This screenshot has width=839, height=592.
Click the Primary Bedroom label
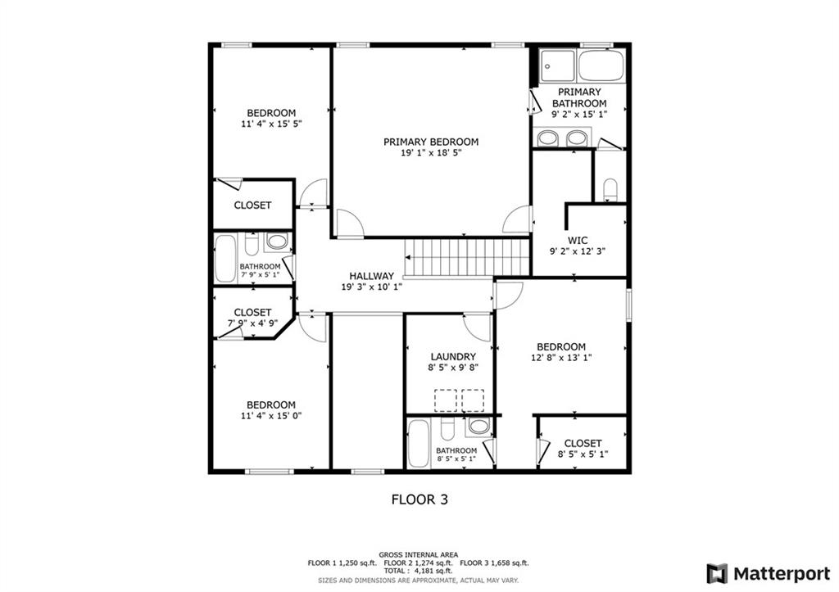[430, 142]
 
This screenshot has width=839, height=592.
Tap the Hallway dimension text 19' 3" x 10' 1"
[372, 287]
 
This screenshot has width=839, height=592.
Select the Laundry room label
[453, 357]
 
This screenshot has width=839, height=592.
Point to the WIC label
[578, 241]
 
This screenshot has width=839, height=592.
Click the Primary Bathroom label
[579, 97]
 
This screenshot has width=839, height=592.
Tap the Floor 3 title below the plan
[419, 499]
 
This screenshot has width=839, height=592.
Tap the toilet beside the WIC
[610, 190]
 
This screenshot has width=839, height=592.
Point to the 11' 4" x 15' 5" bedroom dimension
[271, 124]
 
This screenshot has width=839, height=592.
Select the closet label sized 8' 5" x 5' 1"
[583, 454]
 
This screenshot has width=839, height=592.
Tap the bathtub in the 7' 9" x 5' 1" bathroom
[225, 259]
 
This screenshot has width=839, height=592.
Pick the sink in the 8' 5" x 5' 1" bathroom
[478, 426]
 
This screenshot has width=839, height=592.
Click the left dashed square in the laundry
[446, 400]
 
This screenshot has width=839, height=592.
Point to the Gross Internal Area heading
[418, 554]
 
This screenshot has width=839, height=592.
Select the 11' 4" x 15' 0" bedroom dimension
[271, 416]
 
